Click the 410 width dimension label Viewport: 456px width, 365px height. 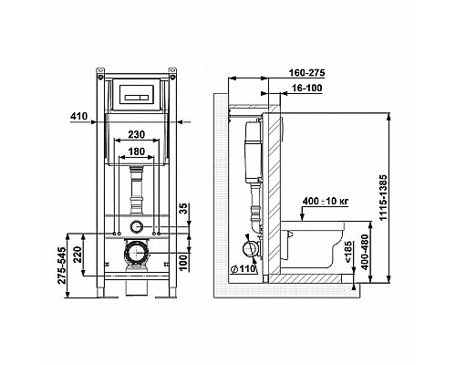coord(78,116)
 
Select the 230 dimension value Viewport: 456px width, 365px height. coord(136,134)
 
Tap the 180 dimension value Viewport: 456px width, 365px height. coord(136,151)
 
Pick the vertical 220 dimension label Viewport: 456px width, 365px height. coord(78,255)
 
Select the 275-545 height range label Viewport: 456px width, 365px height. coord(62,266)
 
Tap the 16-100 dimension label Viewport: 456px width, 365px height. coord(306,89)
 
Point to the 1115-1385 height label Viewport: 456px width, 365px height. coord(384,198)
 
